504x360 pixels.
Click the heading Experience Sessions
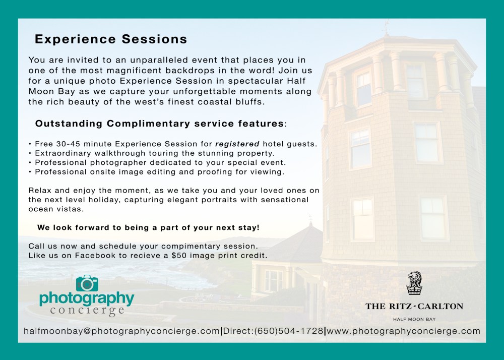tap(111, 39)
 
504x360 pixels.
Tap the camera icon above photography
tap(87, 283)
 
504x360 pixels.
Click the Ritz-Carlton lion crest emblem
tap(414, 283)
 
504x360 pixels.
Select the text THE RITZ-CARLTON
tap(414, 307)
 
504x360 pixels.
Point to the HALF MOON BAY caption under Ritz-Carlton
tap(414, 319)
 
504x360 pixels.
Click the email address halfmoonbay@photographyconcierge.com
tap(122, 331)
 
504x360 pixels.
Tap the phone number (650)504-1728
tap(289, 331)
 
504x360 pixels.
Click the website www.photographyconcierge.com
tap(403, 331)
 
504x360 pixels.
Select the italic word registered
tap(237, 144)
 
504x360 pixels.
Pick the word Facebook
tap(95, 256)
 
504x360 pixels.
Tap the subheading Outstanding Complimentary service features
tap(161, 124)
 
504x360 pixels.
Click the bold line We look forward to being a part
tap(148, 227)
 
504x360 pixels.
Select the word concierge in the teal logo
tap(87, 310)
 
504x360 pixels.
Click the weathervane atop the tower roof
tap(387, 27)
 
